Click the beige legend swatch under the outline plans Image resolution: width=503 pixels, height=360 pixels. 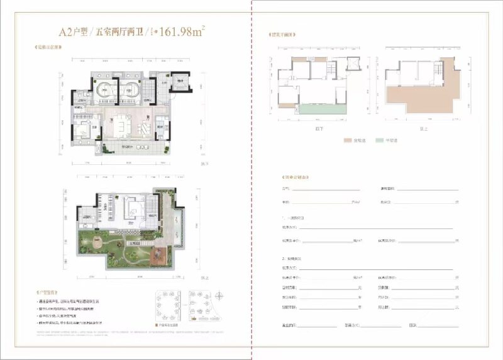(x=347, y=140)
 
